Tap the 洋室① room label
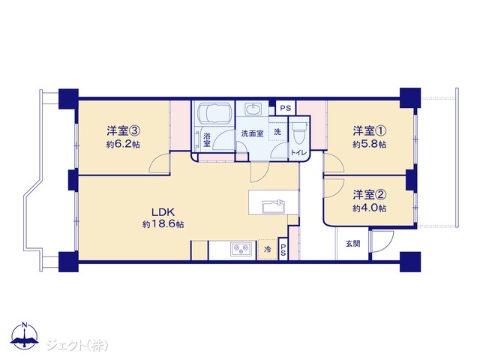tap(369, 131)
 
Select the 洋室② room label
tap(369, 194)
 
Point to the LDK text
tap(163, 211)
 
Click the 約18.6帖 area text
tap(163, 224)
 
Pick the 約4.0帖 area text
tap(369, 208)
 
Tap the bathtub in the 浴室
tap(214, 113)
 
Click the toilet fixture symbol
tap(298, 135)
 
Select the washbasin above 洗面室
tap(253, 109)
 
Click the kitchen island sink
tap(273, 206)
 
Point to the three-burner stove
tap(241, 248)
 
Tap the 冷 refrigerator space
tap(268, 249)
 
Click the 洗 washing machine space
tap(277, 132)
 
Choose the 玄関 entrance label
tap(353, 244)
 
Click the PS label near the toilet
tap(286, 108)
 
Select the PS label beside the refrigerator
tap(283, 250)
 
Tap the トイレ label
tap(298, 153)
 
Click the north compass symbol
tap(25, 335)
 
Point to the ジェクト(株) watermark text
tap(77, 346)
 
